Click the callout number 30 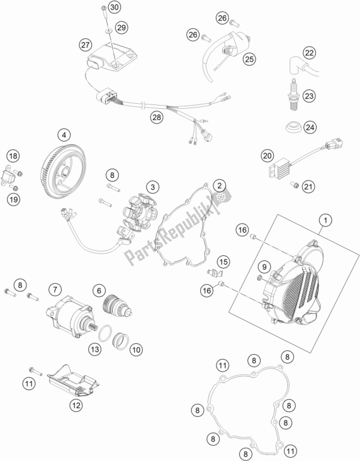pos(113,8)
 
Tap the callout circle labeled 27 pos(86,44)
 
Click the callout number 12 pos(76,406)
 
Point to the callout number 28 pos(155,117)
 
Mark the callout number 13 pos(95,348)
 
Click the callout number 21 pos(308,186)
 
